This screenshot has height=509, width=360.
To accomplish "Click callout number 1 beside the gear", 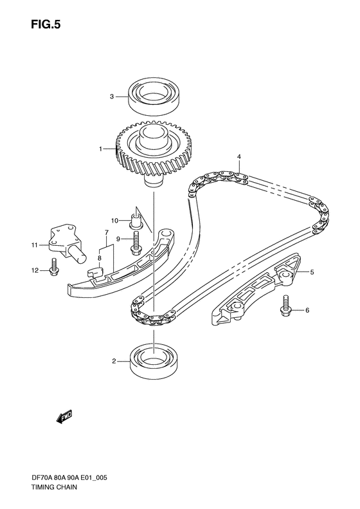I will (100, 149).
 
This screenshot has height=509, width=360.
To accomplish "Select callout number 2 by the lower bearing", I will (113, 361).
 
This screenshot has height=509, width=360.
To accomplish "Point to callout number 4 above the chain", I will (239, 156).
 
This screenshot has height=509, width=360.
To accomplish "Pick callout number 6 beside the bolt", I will (307, 311).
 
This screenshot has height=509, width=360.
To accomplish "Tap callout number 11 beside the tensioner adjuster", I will (35, 245).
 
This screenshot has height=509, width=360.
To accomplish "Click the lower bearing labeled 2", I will (155, 362).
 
